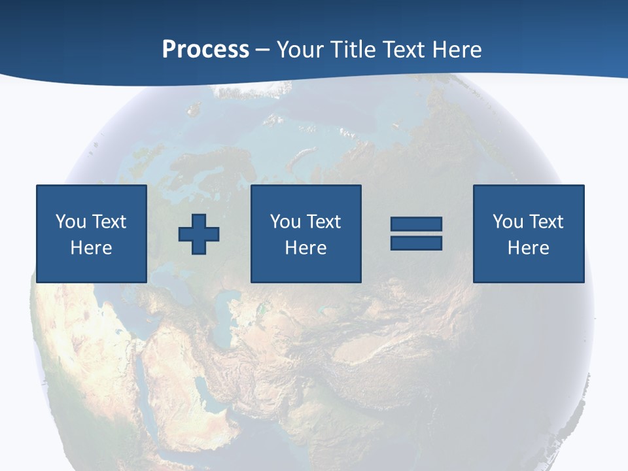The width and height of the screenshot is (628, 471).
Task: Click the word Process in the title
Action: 205,49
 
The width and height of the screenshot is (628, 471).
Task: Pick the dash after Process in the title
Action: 262,50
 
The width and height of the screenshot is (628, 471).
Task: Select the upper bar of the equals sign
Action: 416,224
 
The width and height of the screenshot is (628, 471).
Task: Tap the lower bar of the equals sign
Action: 416,243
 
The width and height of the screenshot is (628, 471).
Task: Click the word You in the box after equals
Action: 508,222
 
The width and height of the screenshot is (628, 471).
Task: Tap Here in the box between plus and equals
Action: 305,248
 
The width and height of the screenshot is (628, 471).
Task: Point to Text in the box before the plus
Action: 109,222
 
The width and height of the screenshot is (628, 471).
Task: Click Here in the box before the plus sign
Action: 91,248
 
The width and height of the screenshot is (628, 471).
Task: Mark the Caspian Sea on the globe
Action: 222,317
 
